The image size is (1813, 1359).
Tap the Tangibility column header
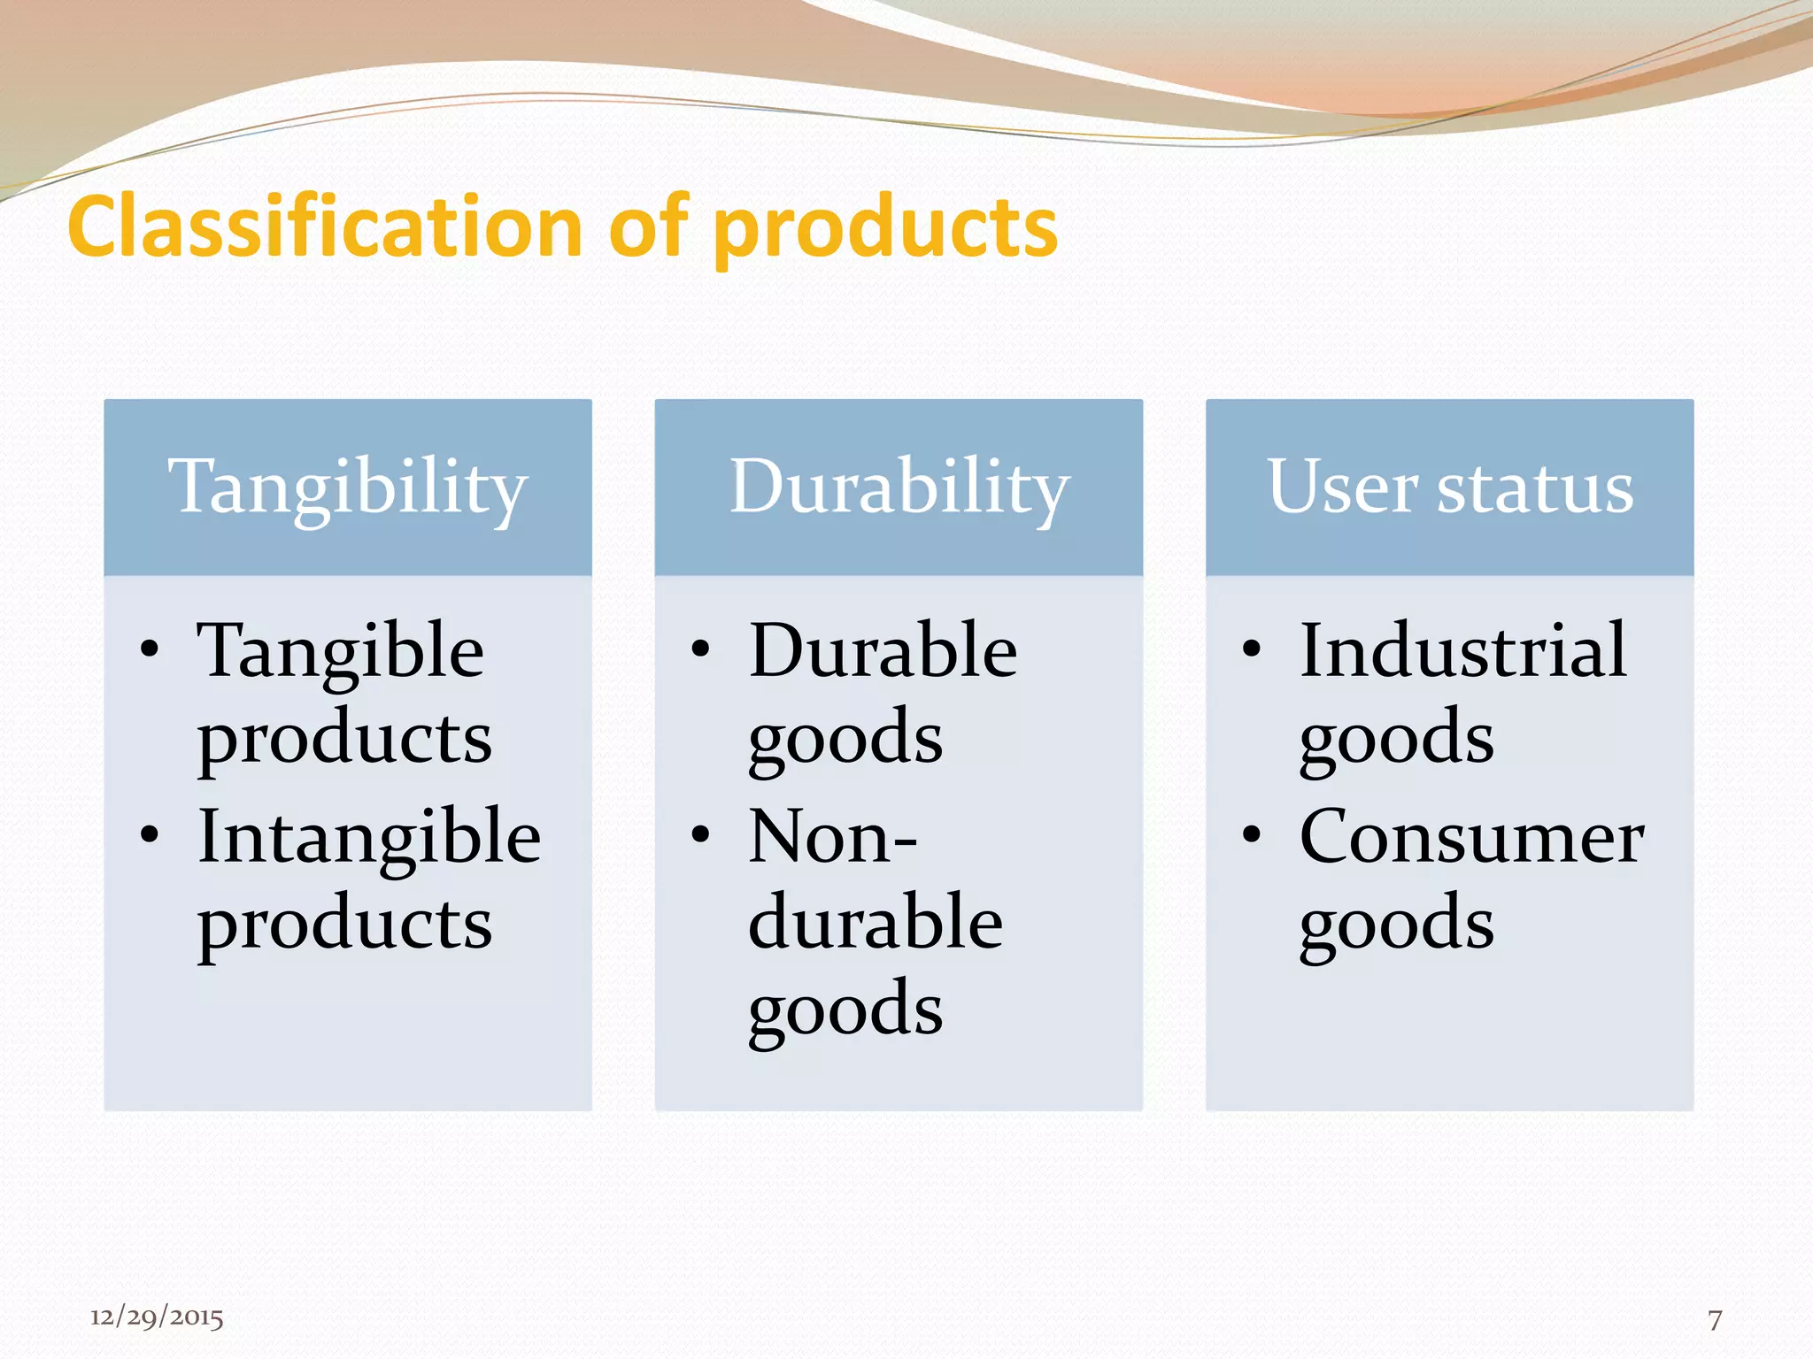(347, 488)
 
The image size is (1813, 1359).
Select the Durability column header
(899, 488)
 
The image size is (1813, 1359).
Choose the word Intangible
(368, 837)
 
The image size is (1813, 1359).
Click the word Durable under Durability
(883, 650)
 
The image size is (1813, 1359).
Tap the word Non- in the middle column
(832, 837)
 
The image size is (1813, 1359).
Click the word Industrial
(1462, 650)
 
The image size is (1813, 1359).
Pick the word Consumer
(1471, 837)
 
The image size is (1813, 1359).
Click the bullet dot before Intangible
(150, 834)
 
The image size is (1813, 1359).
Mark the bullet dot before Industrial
(1251, 649)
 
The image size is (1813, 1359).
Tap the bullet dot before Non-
(700, 834)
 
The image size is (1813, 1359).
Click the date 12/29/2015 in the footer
(157, 1317)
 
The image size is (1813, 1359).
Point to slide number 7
(1715, 1320)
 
